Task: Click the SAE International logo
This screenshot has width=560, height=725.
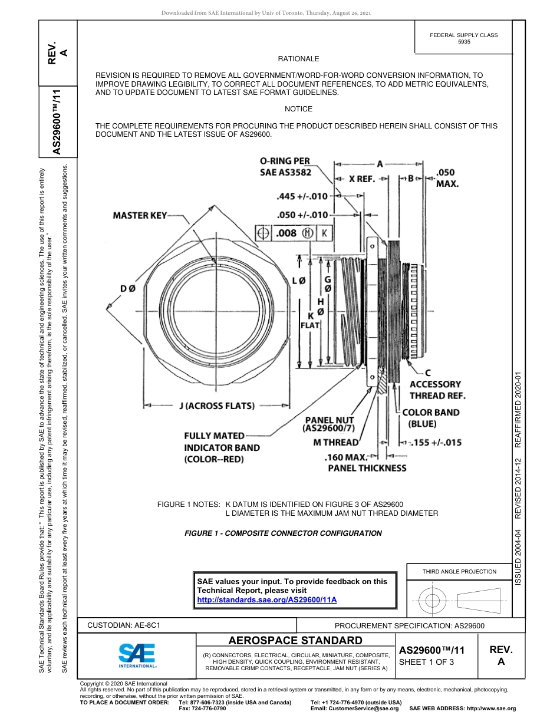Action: pyautogui.click(x=137, y=654)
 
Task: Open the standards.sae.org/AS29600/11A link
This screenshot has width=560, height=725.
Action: pyautogui.click(x=266, y=599)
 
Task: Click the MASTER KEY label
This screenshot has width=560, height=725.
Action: pyautogui.click(x=140, y=216)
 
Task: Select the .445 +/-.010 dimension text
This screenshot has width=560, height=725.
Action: pyautogui.click(x=302, y=196)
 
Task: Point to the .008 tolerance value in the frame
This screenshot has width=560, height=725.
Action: pyautogui.click(x=286, y=233)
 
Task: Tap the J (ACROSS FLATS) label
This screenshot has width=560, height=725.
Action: pyautogui.click(x=216, y=406)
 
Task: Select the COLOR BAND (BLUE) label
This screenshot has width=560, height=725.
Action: pyautogui.click(x=431, y=418)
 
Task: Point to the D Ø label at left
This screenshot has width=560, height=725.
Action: pyautogui.click(x=128, y=288)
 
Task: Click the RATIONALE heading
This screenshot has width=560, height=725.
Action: pyautogui.click(x=298, y=59)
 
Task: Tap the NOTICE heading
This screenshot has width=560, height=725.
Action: pyautogui.click(x=298, y=109)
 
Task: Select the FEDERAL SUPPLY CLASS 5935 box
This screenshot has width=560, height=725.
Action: pyautogui.click(x=463, y=38)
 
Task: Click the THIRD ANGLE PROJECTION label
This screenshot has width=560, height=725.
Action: pyautogui.click(x=459, y=571)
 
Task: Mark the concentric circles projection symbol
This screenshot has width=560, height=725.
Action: pyautogui.click(x=433, y=601)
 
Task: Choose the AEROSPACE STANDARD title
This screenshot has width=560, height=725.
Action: pyautogui.click(x=295, y=641)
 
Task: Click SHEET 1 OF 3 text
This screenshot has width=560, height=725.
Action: pyautogui.click(x=426, y=662)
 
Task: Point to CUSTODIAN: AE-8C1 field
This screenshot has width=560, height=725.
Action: pyautogui.click(x=124, y=625)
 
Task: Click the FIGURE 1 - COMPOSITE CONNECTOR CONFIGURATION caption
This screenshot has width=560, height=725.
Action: pyautogui.click(x=283, y=533)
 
